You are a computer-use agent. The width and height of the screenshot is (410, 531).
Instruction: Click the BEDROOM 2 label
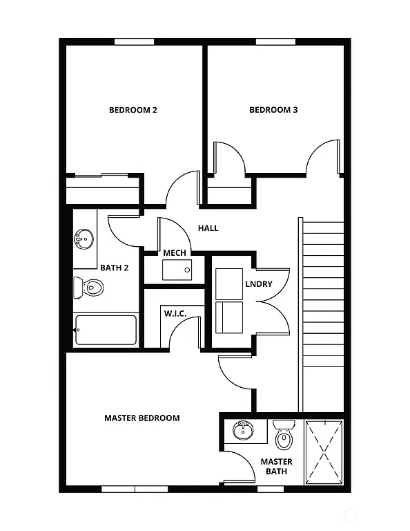(x=133, y=109)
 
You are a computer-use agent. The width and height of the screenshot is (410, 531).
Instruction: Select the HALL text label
(x=208, y=228)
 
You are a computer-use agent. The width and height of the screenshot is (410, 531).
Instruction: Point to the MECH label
(x=174, y=252)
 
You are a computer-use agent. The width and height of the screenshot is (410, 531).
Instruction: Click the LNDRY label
(x=258, y=284)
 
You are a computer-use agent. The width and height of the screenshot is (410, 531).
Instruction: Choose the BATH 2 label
(x=115, y=268)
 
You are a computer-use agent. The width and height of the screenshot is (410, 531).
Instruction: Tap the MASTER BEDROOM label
(x=141, y=418)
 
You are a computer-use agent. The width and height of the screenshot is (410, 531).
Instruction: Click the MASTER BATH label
(x=276, y=467)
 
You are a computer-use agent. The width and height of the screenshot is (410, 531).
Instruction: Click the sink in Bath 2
(x=84, y=240)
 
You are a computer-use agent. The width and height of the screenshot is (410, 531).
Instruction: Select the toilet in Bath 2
(x=90, y=286)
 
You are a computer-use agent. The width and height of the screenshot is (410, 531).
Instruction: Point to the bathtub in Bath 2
(x=106, y=330)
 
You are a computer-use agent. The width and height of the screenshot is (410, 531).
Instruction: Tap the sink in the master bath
(x=242, y=431)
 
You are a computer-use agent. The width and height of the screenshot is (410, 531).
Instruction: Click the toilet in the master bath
(x=284, y=434)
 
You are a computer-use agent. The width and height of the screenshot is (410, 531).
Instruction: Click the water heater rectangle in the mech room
(x=177, y=270)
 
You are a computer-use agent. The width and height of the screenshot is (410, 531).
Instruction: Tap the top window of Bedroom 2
(x=134, y=41)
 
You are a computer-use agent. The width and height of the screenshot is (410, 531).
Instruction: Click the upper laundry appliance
(x=229, y=283)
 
